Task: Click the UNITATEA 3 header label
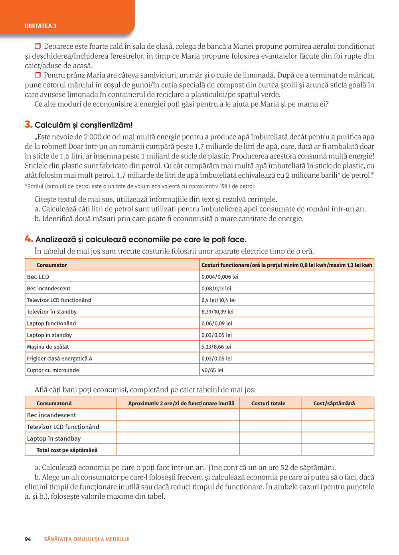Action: pos(40,26)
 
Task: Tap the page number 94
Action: pos(28,539)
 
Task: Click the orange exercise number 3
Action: pos(28,124)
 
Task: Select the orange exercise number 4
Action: pos(28,239)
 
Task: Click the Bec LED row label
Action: pos(38,277)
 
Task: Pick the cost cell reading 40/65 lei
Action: pos(212,370)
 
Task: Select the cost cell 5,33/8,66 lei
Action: pos(216,347)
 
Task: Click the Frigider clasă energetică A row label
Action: pos(59,359)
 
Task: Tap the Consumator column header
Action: pos(52,265)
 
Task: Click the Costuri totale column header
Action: pos(268,403)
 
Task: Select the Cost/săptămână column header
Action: pos(334,403)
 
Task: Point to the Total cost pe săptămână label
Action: pos(67,450)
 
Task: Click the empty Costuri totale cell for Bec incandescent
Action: pos(271,415)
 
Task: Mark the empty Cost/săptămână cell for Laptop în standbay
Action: pos(338,438)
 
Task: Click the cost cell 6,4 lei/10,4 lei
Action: pos(218,300)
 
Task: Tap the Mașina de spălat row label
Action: pos(48,347)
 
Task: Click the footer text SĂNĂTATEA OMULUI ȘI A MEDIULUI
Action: pos(87,539)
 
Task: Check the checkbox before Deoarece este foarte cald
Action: pos(38,46)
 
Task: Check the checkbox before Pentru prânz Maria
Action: pos(38,75)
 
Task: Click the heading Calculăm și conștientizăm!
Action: pos(83,125)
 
